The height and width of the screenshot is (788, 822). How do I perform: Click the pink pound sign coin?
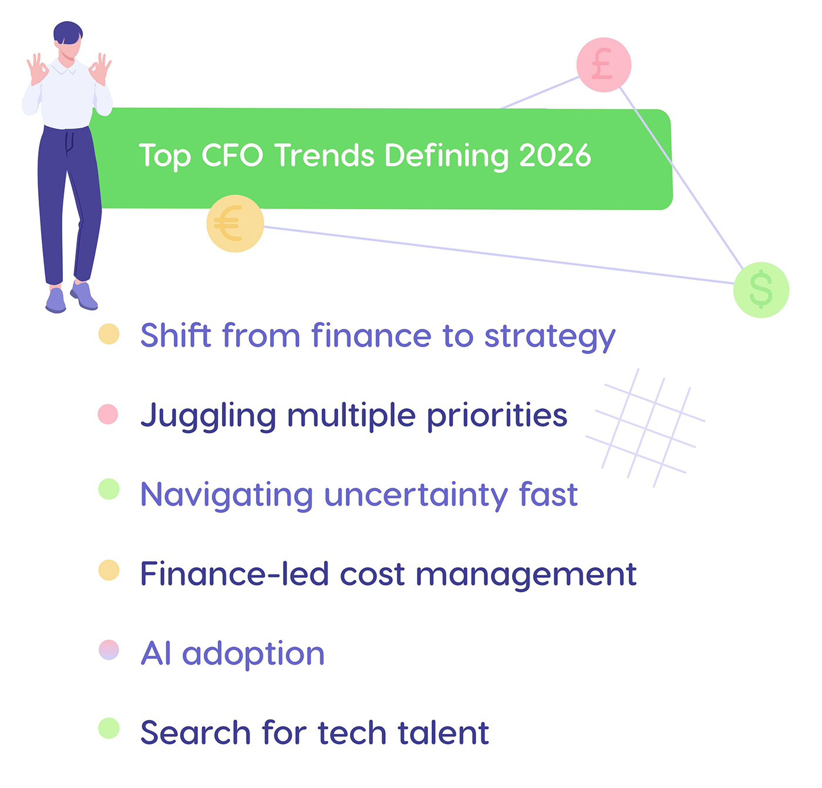pyautogui.click(x=604, y=65)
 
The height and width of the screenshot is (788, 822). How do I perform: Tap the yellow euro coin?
pyautogui.click(x=235, y=224)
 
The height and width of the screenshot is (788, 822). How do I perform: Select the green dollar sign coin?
pyautogui.click(x=761, y=290)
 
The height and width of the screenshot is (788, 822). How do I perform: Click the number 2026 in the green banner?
pyautogui.click(x=554, y=156)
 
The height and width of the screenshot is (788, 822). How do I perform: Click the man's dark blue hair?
pyautogui.click(x=68, y=32)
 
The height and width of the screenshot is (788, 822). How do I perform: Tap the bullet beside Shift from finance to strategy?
pyautogui.click(x=109, y=334)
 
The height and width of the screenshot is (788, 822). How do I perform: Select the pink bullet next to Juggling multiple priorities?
pyautogui.click(x=108, y=414)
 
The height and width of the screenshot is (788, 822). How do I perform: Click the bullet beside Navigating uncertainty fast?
pyautogui.click(x=109, y=489)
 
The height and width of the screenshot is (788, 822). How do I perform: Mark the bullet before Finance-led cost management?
pyautogui.click(x=109, y=570)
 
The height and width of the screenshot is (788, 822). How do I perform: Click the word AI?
pyautogui.click(x=156, y=653)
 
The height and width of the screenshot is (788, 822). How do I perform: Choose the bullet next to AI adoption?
pyautogui.click(x=109, y=650)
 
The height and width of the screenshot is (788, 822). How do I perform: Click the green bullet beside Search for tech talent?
pyautogui.click(x=109, y=728)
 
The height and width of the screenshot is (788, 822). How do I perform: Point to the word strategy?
pyautogui.click(x=550, y=336)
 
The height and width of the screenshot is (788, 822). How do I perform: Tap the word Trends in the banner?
pyautogui.click(x=324, y=156)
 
